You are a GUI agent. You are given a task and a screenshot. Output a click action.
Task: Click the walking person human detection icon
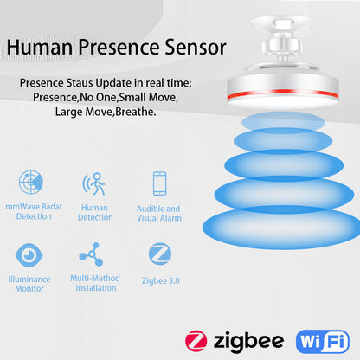[x=94, y=183]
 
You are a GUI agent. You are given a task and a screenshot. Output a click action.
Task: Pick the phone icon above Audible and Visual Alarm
[x=159, y=183]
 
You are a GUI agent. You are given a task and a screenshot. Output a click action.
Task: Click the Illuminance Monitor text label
[x=29, y=284]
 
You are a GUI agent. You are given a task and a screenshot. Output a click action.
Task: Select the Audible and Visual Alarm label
[x=158, y=214]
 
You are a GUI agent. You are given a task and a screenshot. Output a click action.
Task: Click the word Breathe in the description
[x=132, y=112]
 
